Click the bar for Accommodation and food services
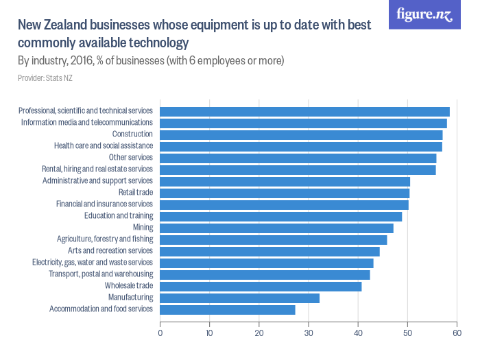point(228,310)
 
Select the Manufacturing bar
point(239,298)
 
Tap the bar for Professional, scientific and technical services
point(304,112)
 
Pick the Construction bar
point(301,135)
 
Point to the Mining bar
point(276,228)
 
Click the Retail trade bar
point(285,193)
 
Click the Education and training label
point(118,216)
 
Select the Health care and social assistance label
point(103,146)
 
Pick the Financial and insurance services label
point(104,204)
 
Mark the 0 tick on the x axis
point(160,333)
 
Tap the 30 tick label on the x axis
point(309,333)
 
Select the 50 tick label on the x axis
point(407,333)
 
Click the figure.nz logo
point(424,14)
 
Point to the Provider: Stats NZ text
point(45,78)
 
